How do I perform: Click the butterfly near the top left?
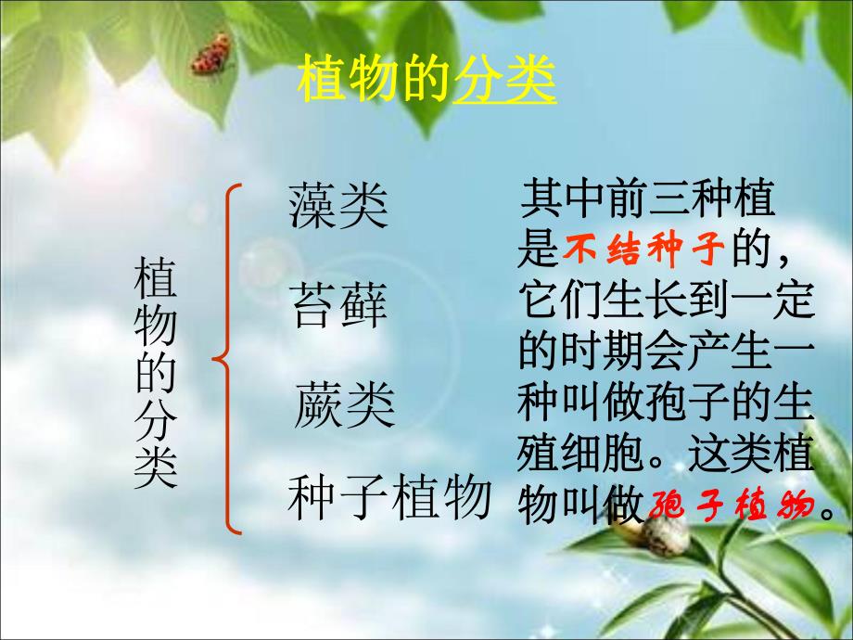click(x=211, y=54)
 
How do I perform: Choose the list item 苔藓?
click(x=338, y=306)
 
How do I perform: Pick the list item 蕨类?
click(x=345, y=405)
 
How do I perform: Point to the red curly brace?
click(x=228, y=358)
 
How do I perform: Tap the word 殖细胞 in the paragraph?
click(x=579, y=455)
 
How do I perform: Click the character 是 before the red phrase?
click(x=537, y=250)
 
